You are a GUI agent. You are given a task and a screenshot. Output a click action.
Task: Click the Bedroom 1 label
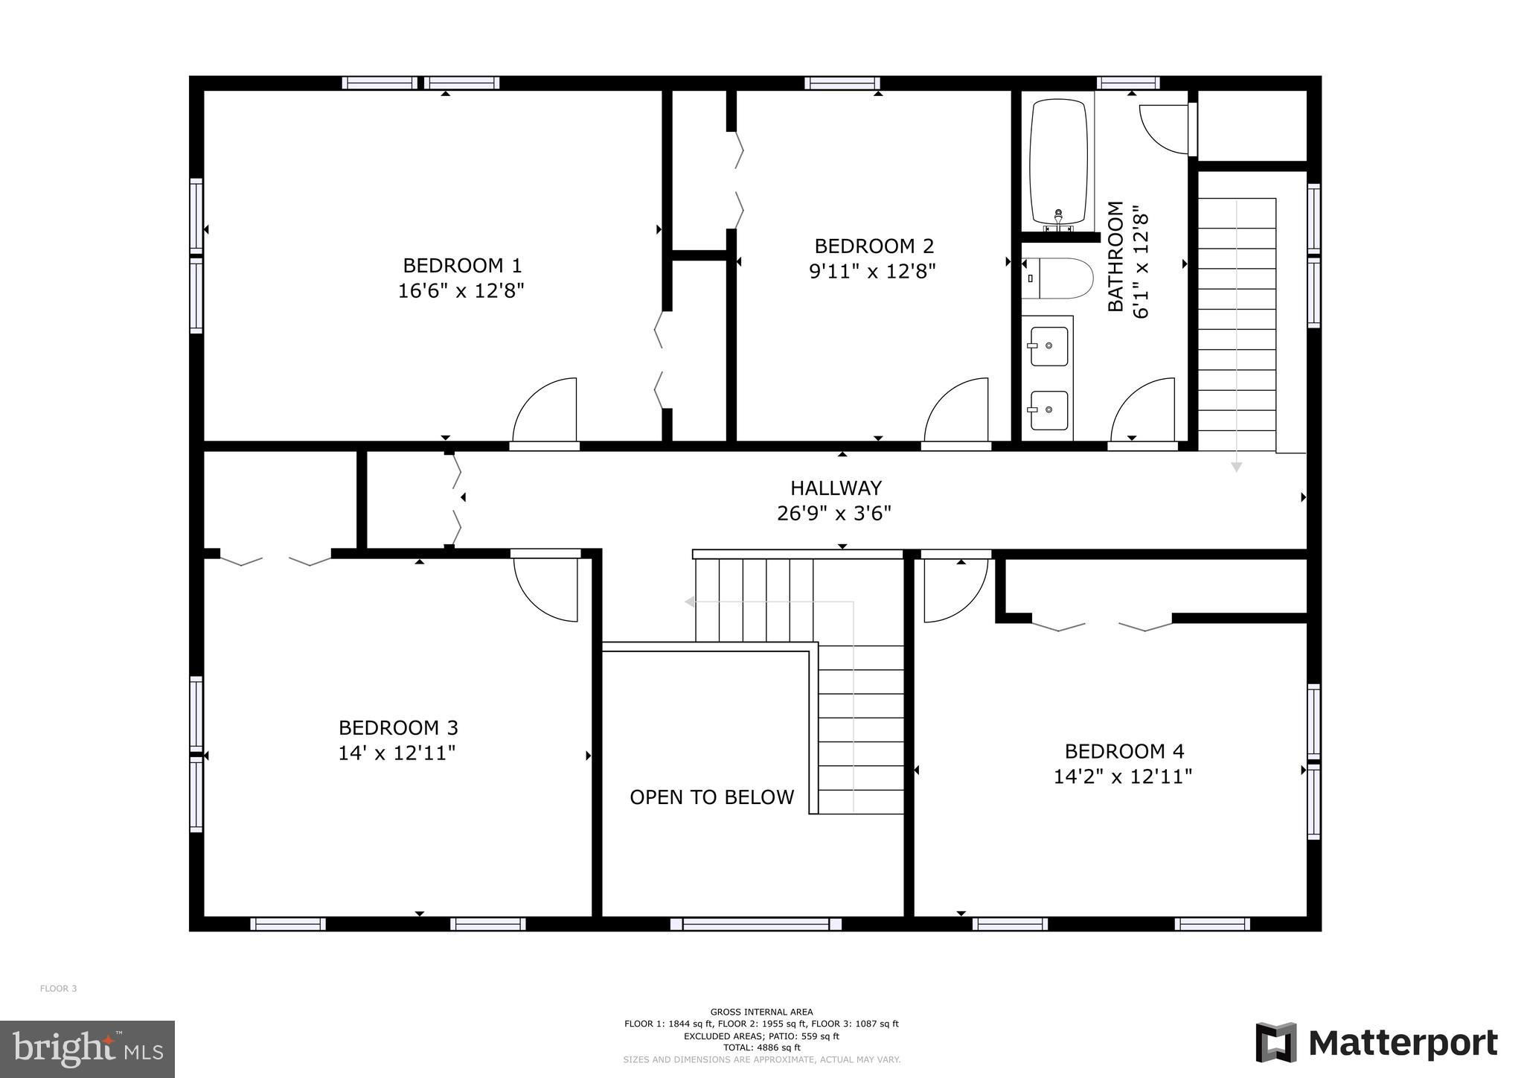pyautogui.click(x=462, y=265)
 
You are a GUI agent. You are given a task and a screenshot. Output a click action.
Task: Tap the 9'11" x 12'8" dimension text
pyautogui.click(x=872, y=271)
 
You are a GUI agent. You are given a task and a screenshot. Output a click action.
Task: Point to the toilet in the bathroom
pyautogui.click(x=1057, y=278)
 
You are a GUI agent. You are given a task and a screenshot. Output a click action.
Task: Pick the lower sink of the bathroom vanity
pyautogui.click(x=1048, y=410)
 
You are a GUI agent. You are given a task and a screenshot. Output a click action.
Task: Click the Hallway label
pyautogui.click(x=836, y=488)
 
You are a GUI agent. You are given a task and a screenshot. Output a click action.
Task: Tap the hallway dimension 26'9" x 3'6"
pyautogui.click(x=834, y=514)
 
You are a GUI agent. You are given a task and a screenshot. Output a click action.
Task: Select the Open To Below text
pyautogui.click(x=712, y=797)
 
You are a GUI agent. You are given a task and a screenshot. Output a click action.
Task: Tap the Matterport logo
pyautogui.click(x=1377, y=1043)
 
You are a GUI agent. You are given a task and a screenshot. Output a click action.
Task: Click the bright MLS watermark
pyautogui.click(x=87, y=1049)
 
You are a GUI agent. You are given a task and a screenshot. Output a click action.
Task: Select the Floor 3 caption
pyautogui.click(x=58, y=989)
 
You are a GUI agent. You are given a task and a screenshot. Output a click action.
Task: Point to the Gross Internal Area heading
pyautogui.click(x=761, y=1012)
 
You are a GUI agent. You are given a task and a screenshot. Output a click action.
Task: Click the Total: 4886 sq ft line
pyautogui.click(x=761, y=1047)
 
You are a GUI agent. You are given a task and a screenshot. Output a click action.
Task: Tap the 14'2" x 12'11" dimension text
pyautogui.click(x=1123, y=776)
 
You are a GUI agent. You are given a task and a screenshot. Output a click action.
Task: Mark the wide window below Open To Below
pyautogui.click(x=756, y=924)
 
